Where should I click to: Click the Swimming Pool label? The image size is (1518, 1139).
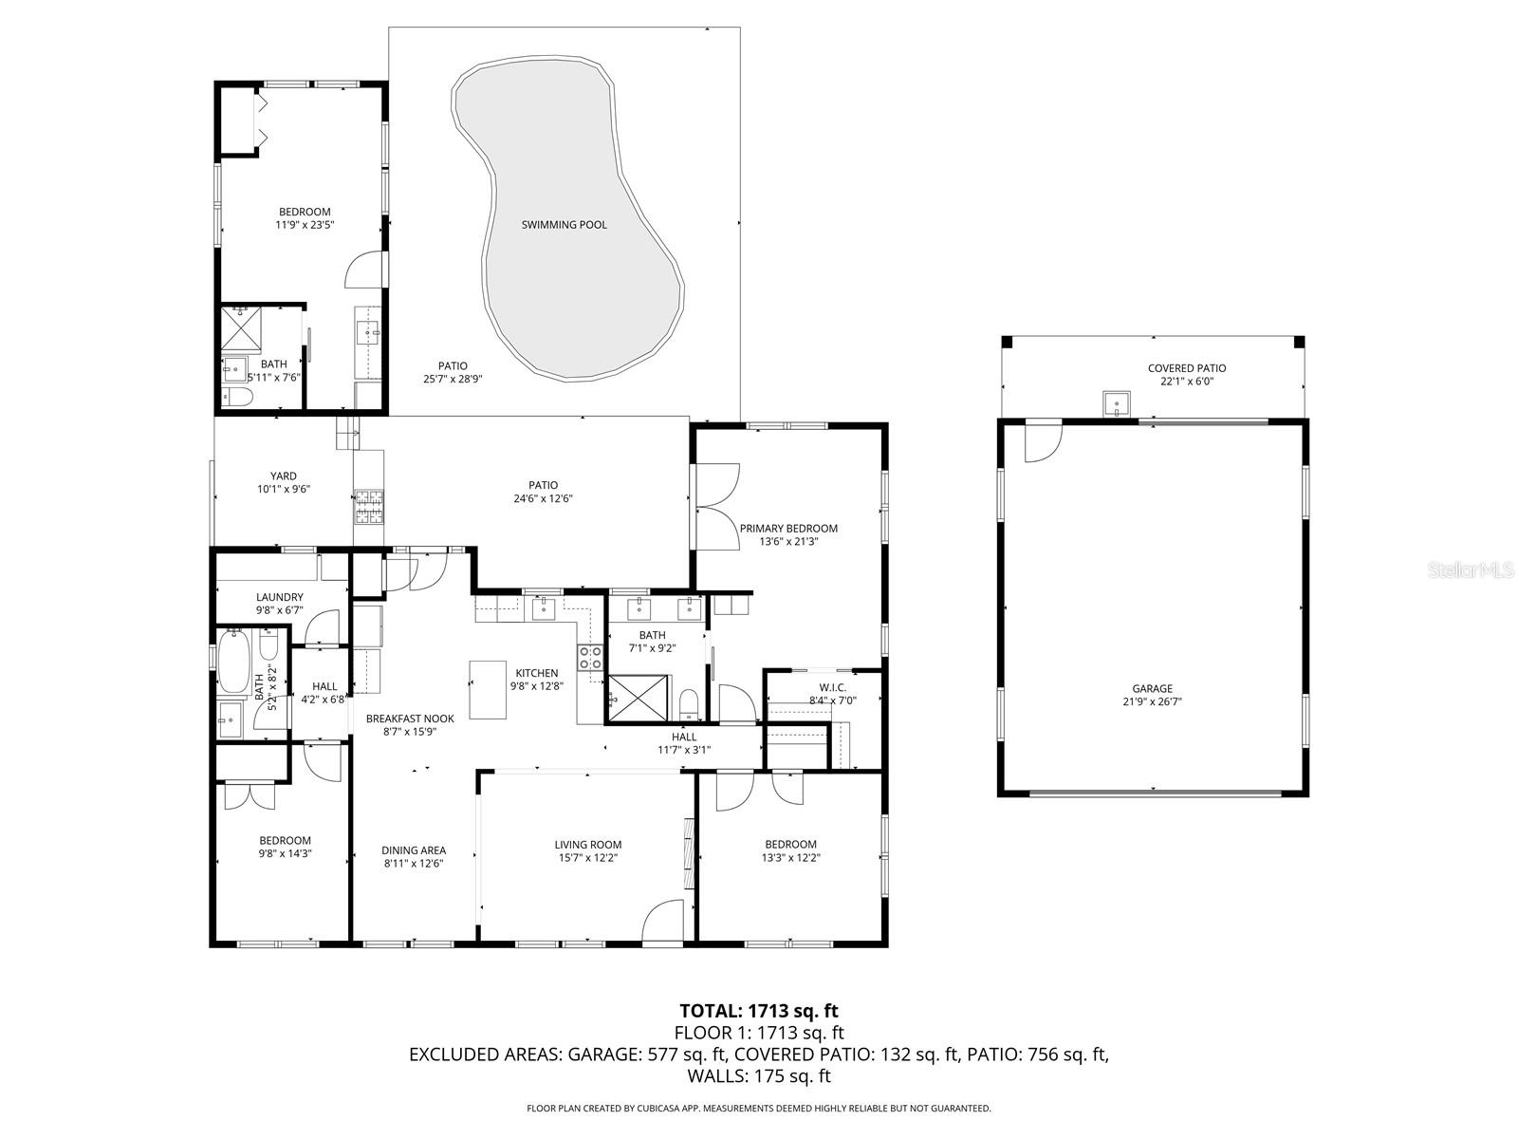click(x=564, y=225)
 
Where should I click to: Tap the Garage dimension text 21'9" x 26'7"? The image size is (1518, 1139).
click(x=1152, y=702)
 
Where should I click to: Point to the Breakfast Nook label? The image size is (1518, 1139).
click(x=410, y=719)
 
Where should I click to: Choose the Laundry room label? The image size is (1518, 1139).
click(x=279, y=597)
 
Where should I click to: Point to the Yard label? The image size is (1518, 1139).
click(x=283, y=476)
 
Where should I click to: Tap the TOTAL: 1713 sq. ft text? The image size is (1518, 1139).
click(x=758, y=1011)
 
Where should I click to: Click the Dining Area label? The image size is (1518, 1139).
click(x=414, y=850)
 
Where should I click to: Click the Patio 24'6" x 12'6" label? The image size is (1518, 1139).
click(x=543, y=485)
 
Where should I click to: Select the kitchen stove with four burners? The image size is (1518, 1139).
click(x=590, y=658)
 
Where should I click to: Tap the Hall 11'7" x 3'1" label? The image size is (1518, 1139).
click(x=683, y=737)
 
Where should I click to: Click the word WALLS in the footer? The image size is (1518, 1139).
click(x=717, y=1076)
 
